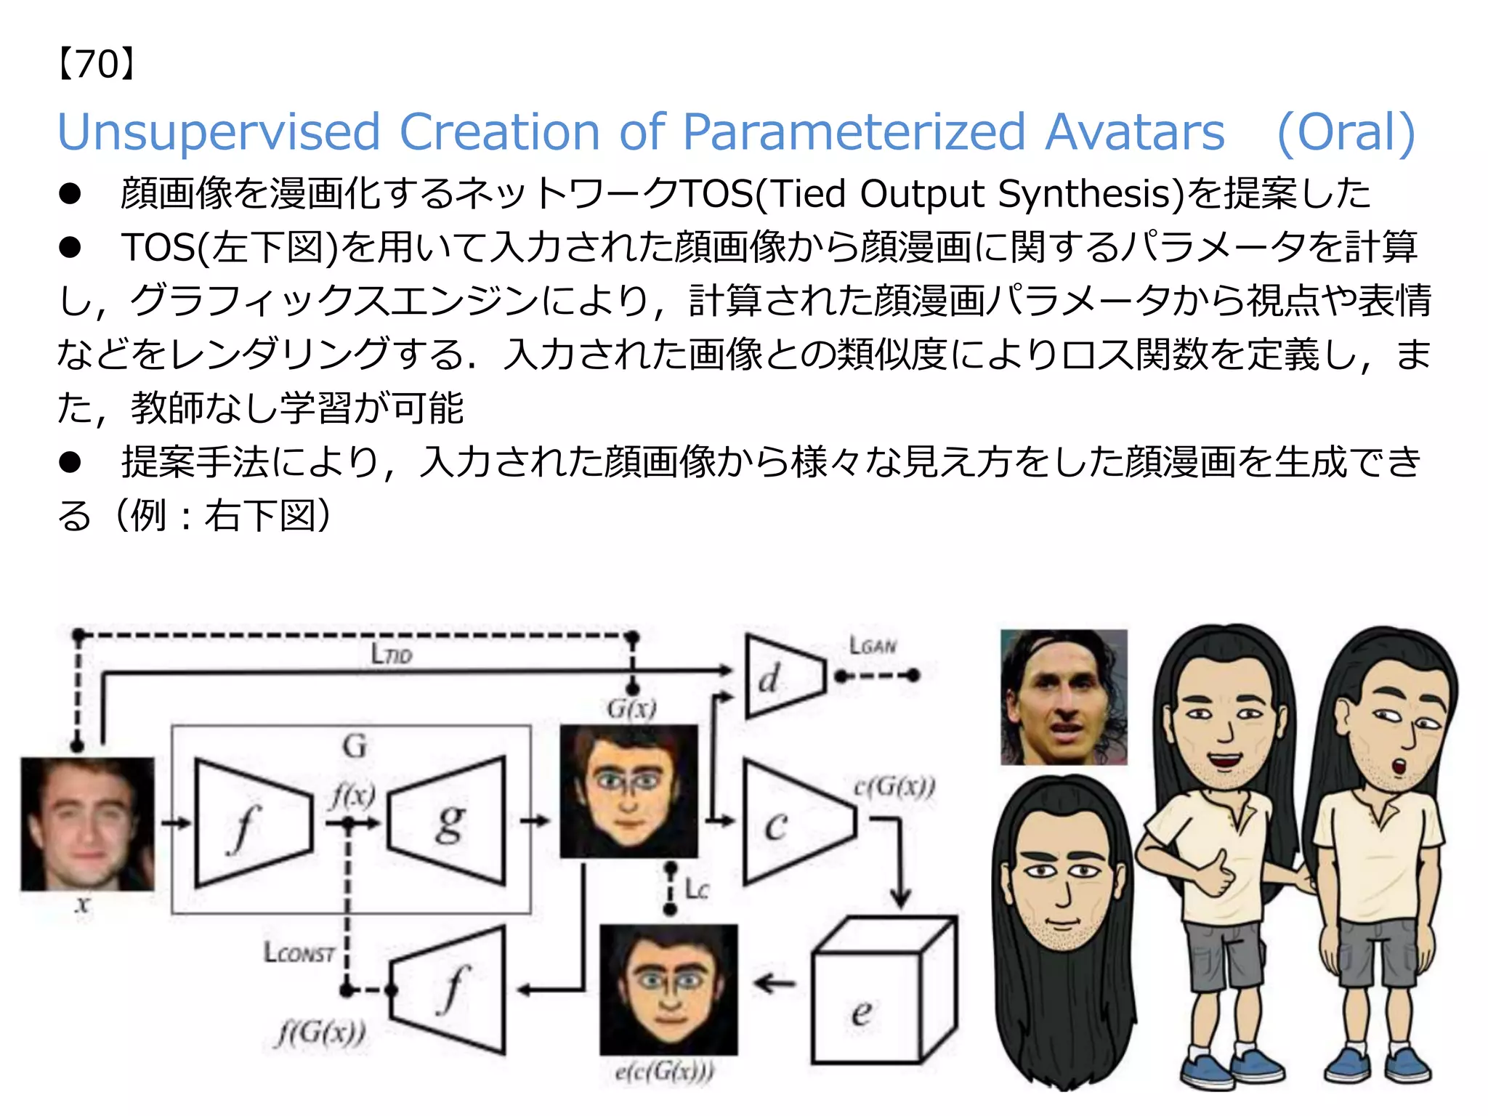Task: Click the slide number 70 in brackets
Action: [96, 65]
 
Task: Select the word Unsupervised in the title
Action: [219, 133]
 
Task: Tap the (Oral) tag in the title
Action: [1346, 133]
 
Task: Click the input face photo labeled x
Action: [88, 824]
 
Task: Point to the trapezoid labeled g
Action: [448, 822]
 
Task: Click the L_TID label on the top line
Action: [392, 654]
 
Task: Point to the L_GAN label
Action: [873, 645]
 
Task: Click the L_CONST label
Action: [299, 953]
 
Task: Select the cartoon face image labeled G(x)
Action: [628, 790]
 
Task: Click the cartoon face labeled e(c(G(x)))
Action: [668, 989]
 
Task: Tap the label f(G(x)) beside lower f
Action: [320, 1032]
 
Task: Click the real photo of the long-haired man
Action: [1064, 697]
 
